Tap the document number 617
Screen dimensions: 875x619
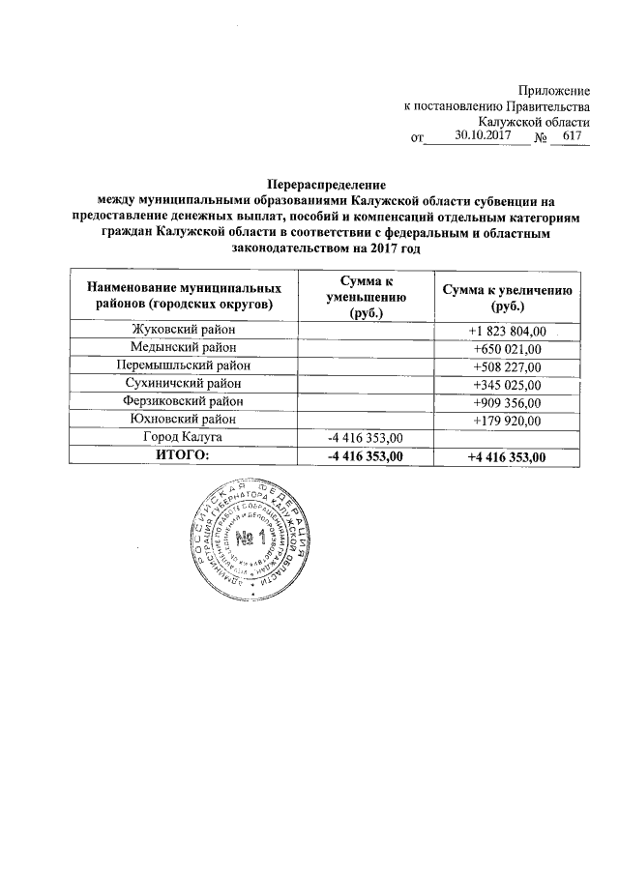(572, 136)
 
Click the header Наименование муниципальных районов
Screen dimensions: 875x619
(185, 297)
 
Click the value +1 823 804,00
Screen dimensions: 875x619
(508, 332)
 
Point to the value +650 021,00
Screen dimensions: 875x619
(508, 349)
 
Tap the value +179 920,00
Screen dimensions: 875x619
(508, 420)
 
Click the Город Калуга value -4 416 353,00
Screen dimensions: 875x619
(366, 438)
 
